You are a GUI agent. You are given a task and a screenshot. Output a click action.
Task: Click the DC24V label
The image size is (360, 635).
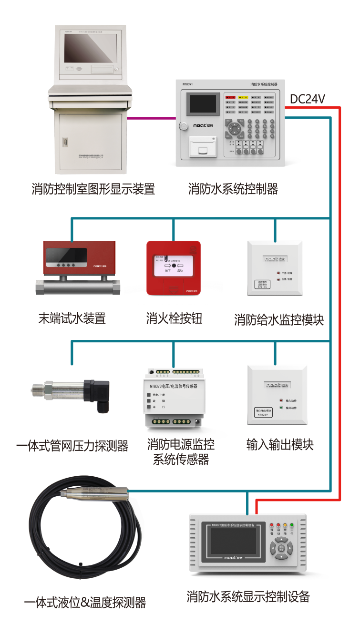[308, 99]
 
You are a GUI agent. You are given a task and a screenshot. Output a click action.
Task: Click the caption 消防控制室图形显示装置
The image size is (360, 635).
[93, 189]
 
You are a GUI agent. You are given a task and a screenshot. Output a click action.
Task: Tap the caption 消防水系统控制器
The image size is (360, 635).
[233, 189]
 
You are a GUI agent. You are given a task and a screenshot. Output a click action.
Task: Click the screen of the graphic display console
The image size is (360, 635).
[91, 48]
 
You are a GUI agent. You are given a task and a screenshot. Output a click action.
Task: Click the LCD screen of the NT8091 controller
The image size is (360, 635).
[203, 103]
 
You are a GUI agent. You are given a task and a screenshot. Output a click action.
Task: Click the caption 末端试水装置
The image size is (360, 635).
[72, 318]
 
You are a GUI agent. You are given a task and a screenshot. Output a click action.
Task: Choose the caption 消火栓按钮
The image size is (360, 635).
[174, 318]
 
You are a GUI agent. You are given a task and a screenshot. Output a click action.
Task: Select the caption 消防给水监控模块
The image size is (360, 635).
[279, 319]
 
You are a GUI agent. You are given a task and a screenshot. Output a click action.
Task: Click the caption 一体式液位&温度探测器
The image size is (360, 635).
[85, 602]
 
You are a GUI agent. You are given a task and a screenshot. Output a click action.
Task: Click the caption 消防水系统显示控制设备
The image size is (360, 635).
[248, 596]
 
